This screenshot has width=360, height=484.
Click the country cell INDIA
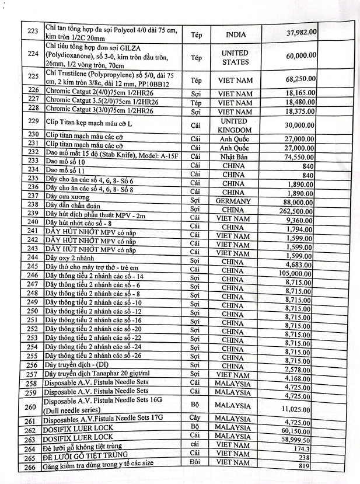coord(235,34)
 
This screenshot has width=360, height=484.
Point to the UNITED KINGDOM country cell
coord(235,125)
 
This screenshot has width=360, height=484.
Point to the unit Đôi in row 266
coord(195,463)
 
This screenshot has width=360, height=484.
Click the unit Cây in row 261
coord(195,418)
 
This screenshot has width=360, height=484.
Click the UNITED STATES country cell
coord(235,57)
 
